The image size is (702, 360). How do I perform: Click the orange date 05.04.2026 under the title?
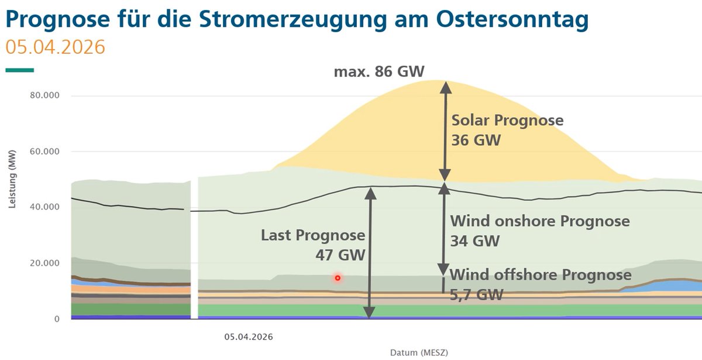coord(55,47)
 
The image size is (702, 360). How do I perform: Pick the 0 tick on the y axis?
coord(57,319)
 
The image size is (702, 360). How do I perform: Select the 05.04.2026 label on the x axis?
coord(249,337)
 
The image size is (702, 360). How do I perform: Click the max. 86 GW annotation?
coord(379,72)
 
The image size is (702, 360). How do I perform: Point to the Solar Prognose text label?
coord(507,121)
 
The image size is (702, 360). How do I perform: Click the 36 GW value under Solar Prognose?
coord(476,140)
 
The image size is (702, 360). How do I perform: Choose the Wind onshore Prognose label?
coord(539,221)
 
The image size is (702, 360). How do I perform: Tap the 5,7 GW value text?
coord(476,294)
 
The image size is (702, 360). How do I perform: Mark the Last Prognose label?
coord(313,235)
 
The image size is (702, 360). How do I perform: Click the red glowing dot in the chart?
coord(338,277)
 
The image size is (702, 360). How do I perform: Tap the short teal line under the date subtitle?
coord(19,70)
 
